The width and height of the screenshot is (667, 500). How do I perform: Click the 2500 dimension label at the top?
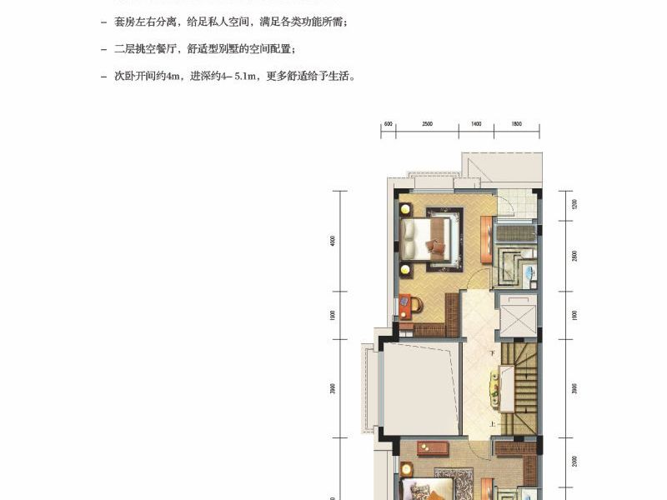(x=427, y=124)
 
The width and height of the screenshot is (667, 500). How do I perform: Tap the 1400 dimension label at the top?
(x=476, y=124)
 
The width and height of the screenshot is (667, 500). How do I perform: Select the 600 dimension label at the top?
(x=388, y=124)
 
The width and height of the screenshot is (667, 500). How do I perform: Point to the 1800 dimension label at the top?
(x=516, y=124)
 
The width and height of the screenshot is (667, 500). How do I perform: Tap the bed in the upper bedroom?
(x=429, y=237)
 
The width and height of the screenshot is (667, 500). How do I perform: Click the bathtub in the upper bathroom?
(x=514, y=232)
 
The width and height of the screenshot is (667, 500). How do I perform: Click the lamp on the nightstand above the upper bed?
(x=405, y=208)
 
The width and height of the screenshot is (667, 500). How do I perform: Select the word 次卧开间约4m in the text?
(x=139, y=76)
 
